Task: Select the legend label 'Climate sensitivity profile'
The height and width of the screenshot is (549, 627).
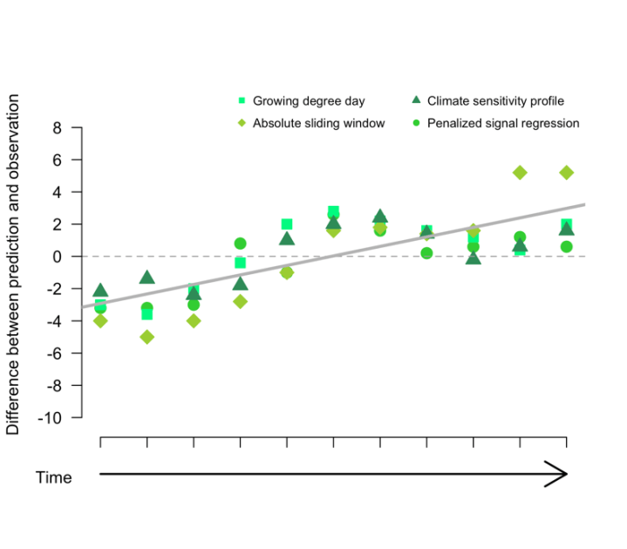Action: click(495, 100)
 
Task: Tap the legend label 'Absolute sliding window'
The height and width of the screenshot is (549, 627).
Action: click(318, 123)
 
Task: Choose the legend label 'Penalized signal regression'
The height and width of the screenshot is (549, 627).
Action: click(502, 123)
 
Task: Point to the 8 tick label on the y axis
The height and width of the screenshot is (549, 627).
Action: click(57, 128)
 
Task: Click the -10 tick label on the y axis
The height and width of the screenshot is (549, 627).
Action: click(50, 418)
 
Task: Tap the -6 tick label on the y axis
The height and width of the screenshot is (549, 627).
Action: click(53, 353)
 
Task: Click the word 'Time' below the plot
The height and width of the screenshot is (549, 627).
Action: click(53, 477)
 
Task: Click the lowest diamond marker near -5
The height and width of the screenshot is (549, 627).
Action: click(147, 337)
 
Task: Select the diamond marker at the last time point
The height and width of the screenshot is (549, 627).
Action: click(567, 173)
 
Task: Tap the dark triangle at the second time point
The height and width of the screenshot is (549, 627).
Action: click(147, 278)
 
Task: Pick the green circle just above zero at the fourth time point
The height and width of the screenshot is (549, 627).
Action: click(241, 244)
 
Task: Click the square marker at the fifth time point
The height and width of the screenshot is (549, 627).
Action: click(287, 224)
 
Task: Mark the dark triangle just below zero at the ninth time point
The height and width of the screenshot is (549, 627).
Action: click(474, 258)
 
